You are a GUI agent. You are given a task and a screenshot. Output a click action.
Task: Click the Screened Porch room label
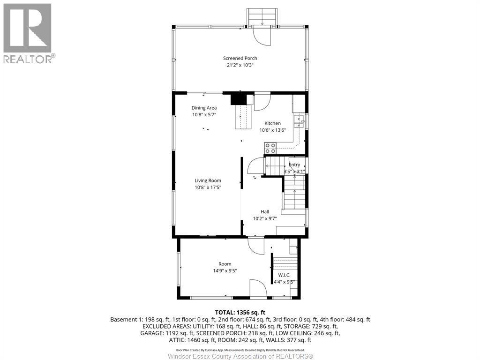[240, 58]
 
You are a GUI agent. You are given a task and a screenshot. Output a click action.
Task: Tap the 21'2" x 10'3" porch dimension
[240, 65]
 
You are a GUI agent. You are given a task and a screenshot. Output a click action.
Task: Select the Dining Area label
[204, 108]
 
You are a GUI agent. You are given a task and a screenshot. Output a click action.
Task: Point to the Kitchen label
[272, 123]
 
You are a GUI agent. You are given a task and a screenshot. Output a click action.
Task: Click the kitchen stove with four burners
[270, 149]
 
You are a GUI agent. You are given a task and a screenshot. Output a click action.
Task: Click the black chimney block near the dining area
[239, 99]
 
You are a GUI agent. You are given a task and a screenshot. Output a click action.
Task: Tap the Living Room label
[208, 180]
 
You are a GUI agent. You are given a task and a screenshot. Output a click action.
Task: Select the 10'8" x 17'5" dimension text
[208, 187]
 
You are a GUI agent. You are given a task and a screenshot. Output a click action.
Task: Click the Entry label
[294, 165]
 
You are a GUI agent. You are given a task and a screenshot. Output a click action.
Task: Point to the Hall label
[265, 211]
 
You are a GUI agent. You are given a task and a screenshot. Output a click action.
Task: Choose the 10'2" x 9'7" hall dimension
[265, 218]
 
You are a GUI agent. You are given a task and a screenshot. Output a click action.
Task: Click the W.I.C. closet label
[285, 275]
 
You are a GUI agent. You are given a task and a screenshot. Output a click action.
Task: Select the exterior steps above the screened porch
[263, 17]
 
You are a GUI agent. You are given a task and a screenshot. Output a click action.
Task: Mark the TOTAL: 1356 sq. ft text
[240, 312]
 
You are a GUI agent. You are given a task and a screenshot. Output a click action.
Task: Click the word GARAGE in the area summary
[152, 333]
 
